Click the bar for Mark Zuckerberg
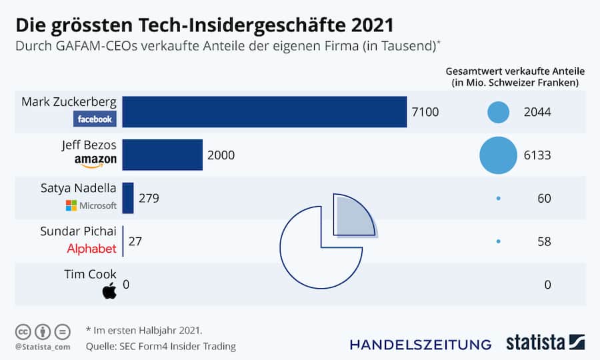pos(264,112)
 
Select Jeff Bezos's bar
pos(162,155)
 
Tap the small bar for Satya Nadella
pos(128,198)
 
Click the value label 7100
pos(425,112)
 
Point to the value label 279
pos(149,198)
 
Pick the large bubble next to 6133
pos(498,155)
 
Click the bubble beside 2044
pos(498,112)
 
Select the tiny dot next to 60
pos(498,198)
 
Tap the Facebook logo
pos(95,119)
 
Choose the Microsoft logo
pos(91,205)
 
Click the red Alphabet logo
pos(91,249)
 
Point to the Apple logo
pos(109,290)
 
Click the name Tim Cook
pos(90,274)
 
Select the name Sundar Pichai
pos(78,231)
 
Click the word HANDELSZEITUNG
pos(420,345)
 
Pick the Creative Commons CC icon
pos(23,331)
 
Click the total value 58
pos(544,241)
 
